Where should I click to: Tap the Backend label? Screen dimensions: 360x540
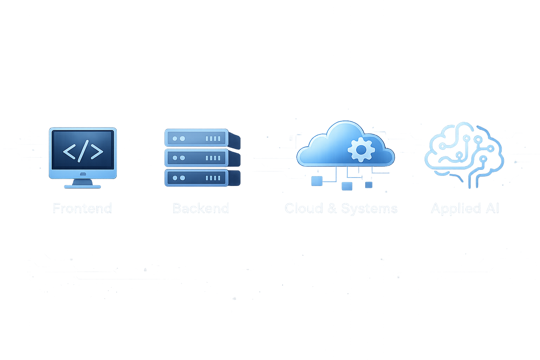click(x=201, y=208)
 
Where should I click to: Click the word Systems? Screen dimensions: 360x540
click(x=369, y=208)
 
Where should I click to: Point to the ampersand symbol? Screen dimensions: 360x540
click(x=332, y=208)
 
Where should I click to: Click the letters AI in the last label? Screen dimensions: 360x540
click(x=493, y=208)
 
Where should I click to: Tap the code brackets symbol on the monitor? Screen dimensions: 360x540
click(x=83, y=151)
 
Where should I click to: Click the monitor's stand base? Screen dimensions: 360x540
click(x=83, y=186)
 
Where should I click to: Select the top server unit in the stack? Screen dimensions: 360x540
click(x=197, y=138)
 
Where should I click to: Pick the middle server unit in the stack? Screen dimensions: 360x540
click(x=197, y=158)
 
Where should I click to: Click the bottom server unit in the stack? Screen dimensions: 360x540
click(x=197, y=178)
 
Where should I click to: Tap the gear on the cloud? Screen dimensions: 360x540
click(x=361, y=150)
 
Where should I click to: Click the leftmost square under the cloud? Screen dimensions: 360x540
click(x=317, y=181)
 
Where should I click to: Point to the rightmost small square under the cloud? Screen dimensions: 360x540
click(x=368, y=185)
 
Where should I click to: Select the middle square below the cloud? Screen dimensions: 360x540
click(x=347, y=186)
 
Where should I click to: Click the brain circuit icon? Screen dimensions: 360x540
click(x=464, y=153)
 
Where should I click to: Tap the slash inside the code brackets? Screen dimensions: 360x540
click(x=83, y=151)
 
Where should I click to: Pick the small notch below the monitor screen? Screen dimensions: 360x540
click(x=83, y=174)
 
